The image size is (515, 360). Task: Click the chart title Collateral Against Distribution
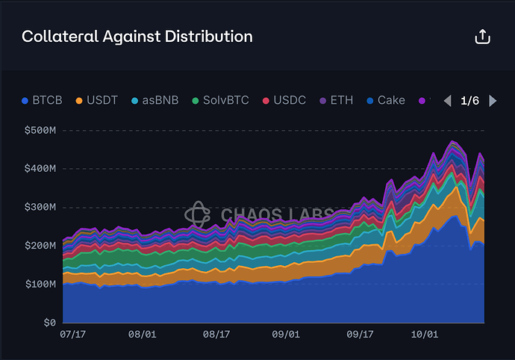click(x=137, y=36)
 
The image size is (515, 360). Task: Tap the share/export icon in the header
click(x=482, y=37)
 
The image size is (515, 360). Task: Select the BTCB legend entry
click(x=43, y=100)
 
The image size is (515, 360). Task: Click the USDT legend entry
click(x=97, y=100)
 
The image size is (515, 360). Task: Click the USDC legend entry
click(x=284, y=100)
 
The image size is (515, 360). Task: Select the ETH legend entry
click(x=336, y=100)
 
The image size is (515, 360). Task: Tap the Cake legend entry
click(x=385, y=100)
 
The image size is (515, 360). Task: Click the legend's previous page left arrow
click(x=447, y=101)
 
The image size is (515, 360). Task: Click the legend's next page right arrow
click(x=493, y=101)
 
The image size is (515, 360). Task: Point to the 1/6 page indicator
click(x=470, y=101)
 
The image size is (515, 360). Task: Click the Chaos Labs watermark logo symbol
click(x=196, y=214)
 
